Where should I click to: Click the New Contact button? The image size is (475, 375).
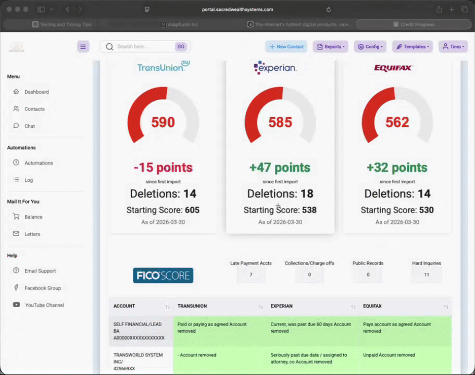[x=286, y=46]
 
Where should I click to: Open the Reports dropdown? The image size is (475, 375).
[x=330, y=46]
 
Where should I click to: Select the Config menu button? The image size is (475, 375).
[x=370, y=46]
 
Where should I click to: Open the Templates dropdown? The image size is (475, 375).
[x=412, y=46]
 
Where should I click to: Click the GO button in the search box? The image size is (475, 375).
[x=181, y=46]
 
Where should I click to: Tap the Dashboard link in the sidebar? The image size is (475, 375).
[x=36, y=92]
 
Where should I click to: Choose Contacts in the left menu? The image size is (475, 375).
[x=34, y=109]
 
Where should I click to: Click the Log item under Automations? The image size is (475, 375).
[x=29, y=180]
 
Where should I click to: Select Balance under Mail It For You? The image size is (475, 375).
[x=33, y=217]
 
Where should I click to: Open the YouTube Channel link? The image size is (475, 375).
[x=44, y=305]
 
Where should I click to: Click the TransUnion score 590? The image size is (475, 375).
[x=163, y=122]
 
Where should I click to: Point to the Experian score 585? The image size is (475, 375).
[x=280, y=122]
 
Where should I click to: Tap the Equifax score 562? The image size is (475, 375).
[x=397, y=122]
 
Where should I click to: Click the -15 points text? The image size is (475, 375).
[x=163, y=168]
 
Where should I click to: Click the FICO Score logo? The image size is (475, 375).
[x=163, y=276]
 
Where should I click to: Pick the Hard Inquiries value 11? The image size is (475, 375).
[x=427, y=274]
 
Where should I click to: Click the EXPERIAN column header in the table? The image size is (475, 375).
[x=282, y=306]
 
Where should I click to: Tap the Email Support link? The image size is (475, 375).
[x=40, y=271]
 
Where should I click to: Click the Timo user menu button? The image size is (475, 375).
[x=453, y=46]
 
